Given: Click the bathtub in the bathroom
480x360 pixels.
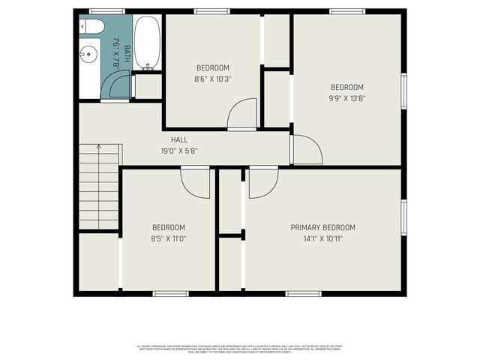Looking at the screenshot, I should [146, 43].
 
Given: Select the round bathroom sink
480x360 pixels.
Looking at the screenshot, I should [88, 54].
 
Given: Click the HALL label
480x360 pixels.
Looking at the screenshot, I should [179, 140].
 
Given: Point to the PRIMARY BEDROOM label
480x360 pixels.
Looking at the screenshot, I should [323, 228].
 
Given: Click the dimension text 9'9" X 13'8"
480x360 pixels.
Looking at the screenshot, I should [346, 97].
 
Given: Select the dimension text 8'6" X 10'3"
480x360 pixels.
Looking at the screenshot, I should [213, 78].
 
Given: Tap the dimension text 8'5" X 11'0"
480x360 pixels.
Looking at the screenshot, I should [169, 239].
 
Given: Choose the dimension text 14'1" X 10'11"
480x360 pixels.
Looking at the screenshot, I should [323, 239].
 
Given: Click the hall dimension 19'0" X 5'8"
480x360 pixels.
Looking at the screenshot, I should [179, 151].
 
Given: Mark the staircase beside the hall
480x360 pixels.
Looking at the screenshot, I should [99, 185].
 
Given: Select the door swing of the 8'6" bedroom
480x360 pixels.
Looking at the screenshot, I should [241, 114].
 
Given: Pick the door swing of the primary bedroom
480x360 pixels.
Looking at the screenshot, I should [262, 182].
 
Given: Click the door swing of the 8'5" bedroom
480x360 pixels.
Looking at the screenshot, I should [196, 182].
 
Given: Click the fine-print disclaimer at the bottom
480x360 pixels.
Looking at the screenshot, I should [240, 349].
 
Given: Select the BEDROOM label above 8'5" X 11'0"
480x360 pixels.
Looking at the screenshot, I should [169, 228].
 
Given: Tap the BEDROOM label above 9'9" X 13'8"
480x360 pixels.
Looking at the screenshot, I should [346, 87].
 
